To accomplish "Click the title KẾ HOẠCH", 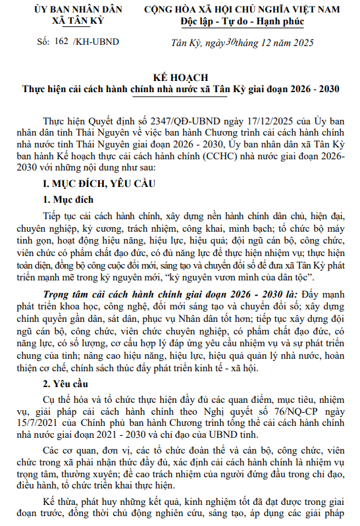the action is (180, 76).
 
